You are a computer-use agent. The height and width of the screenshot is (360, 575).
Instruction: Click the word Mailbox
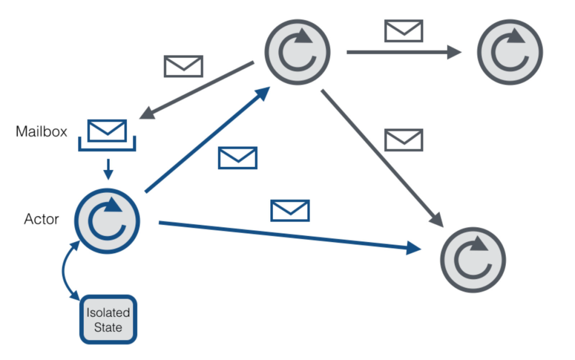click(x=42, y=132)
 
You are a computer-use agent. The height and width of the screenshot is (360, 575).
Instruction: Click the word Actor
click(x=42, y=219)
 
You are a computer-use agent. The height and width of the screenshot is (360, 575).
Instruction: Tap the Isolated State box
click(x=108, y=320)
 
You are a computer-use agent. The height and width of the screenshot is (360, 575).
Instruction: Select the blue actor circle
click(x=107, y=221)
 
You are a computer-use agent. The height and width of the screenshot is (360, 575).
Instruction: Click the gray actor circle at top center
click(x=298, y=52)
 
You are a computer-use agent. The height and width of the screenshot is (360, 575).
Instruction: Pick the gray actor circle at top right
click(x=510, y=52)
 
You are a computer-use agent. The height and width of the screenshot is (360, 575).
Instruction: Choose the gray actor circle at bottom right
click(x=473, y=260)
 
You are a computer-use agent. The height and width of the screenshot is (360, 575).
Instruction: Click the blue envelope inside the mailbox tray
click(x=107, y=130)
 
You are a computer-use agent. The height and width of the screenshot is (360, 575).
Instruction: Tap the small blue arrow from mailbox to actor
click(x=108, y=169)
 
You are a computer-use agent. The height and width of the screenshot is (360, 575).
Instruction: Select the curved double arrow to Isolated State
click(x=65, y=271)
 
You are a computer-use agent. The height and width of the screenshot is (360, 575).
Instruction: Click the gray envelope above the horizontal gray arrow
click(x=404, y=31)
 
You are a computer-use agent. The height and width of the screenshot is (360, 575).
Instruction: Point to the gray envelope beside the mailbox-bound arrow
click(x=183, y=66)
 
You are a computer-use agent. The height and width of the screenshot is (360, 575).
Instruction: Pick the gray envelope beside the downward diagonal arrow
click(x=404, y=140)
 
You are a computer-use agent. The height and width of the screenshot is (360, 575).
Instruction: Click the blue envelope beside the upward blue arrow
click(x=237, y=158)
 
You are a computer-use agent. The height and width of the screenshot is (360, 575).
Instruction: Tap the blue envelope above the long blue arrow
click(x=290, y=211)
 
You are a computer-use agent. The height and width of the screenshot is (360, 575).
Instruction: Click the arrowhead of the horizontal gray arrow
click(x=454, y=52)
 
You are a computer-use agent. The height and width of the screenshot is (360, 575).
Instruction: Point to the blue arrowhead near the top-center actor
click(x=262, y=94)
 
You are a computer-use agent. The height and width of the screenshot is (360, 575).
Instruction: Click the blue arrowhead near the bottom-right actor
click(x=414, y=249)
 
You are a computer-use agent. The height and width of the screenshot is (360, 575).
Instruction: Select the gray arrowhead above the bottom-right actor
click(x=437, y=220)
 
